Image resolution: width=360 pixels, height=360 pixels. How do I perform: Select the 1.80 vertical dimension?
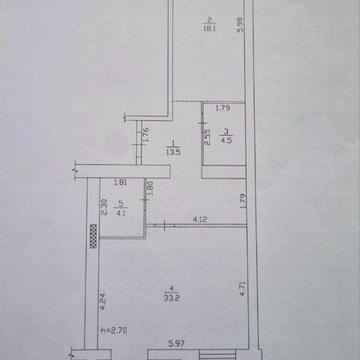pos(150,187)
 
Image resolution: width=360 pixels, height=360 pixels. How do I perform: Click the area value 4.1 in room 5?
pos(122,211)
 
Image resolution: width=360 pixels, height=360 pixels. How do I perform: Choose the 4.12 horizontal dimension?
pos(200,220)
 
